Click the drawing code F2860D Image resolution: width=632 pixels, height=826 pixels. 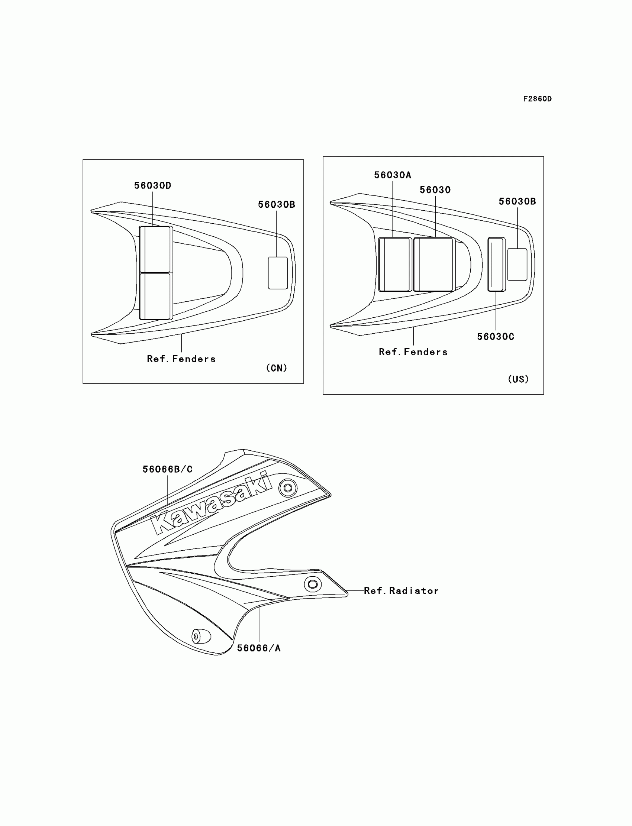coord(537,99)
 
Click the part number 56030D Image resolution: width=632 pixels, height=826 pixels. coord(153,185)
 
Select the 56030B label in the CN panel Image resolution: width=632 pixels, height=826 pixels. coord(277,204)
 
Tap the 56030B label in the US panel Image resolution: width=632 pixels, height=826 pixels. coord(517,201)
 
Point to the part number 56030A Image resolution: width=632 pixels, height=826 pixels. coord(392,175)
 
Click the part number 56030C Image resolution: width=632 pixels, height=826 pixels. coord(496,337)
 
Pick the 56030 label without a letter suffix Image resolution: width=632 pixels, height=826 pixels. coord(435,190)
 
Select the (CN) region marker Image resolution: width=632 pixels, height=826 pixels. coord(277,368)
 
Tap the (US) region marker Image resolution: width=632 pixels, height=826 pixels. coord(518,379)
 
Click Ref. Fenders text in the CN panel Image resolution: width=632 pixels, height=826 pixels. coord(181,359)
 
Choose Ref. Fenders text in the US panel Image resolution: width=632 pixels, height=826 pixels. coord(413,352)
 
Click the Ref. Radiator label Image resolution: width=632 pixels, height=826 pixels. coord(401,591)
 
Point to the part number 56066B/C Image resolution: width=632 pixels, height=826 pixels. coord(167,469)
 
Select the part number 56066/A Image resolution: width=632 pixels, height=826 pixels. coord(259,648)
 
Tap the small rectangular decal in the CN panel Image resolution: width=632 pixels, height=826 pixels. coord(278,273)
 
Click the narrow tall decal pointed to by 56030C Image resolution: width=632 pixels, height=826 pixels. coord(496,264)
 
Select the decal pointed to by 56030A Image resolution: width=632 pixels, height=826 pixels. coord(394,264)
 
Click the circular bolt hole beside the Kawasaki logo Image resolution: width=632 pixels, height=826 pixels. coord(288,488)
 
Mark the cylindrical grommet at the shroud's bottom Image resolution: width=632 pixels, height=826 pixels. coord(201,636)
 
